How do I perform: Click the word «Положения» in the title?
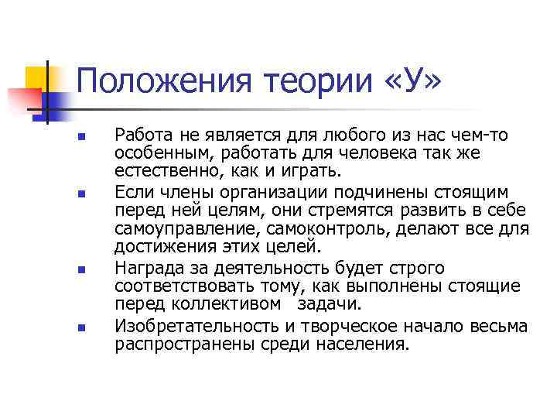(166, 81)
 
